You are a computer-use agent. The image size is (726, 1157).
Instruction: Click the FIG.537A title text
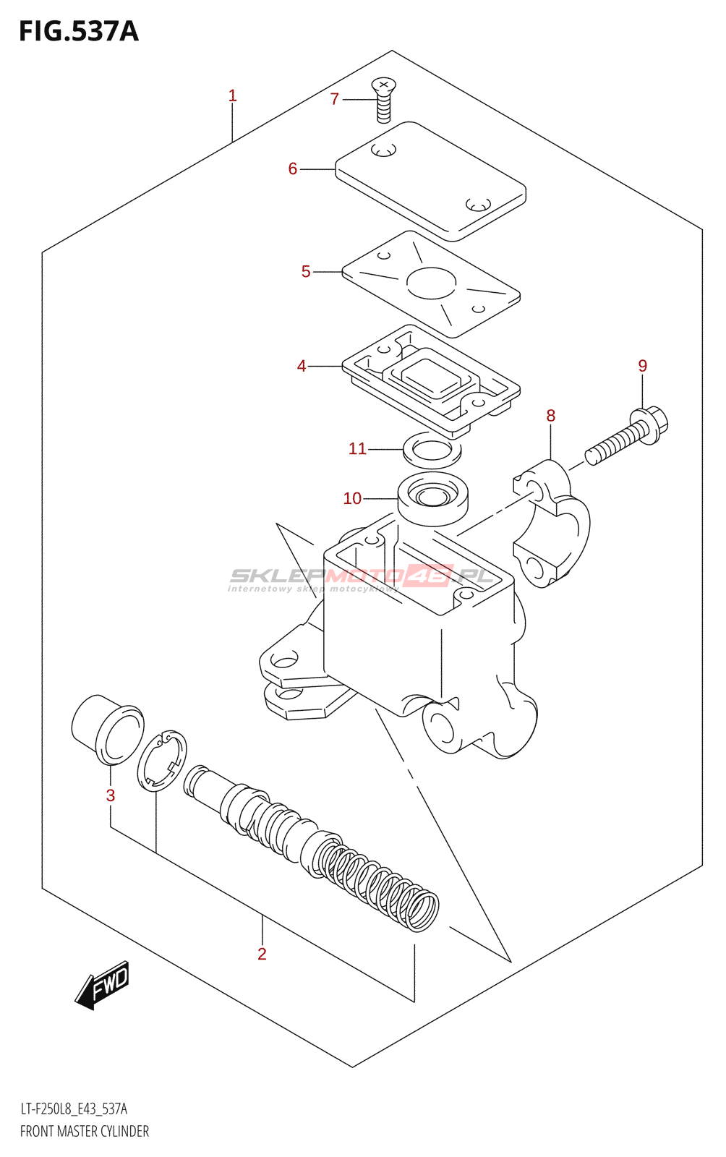pyautogui.click(x=78, y=31)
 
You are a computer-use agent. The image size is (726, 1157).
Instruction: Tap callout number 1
pyautogui.click(x=232, y=95)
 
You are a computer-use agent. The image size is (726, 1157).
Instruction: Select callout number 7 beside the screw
pyautogui.click(x=334, y=99)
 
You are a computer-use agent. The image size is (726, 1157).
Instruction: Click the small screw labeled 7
pyautogui.click(x=383, y=101)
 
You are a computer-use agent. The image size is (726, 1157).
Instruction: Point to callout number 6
pyautogui.click(x=292, y=169)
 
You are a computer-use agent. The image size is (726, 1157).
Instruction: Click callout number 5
pyautogui.click(x=306, y=272)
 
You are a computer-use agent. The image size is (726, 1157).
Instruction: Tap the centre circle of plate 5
pyautogui.click(x=432, y=283)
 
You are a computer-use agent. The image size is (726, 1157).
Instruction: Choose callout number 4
pyautogui.click(x=302, y=367)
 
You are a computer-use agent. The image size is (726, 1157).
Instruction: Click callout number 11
pyautogui.click(x=357, y=449)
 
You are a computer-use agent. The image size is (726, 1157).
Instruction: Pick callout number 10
pyautogui.click(x=352, y=499)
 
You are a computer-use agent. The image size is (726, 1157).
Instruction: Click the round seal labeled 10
pyautogui.click(x=433, y=498)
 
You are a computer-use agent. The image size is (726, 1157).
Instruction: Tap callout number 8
pyautogui.click(x=551, y=416)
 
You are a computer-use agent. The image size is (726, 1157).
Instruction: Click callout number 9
pyautogui.click(x=642, y=366)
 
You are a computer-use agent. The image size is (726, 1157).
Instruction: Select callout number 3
pyautogui.click(x=111, y=796)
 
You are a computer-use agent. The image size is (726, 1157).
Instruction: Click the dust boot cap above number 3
pyautogui.click(x=107, y=728)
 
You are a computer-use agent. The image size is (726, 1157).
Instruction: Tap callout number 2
pyautogui.click(x=262, y=955)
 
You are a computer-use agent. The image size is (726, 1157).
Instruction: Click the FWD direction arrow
pyautogui.click(x=103, y=985)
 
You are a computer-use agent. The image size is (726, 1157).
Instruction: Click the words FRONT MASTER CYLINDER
pyautogui.click(x=85, y=1132)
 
